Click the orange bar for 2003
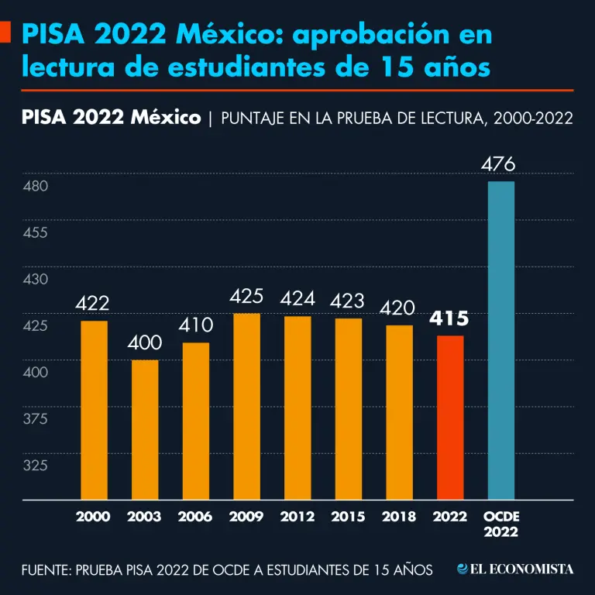click(x=145, y=430)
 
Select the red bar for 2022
click(x=450, y=418)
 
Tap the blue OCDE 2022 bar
click(x=500, y=341)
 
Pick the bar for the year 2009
click(x=246, y=407)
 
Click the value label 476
click(x=498, y=165)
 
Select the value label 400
click(x=145, y=342)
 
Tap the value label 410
click(x=195, y=325)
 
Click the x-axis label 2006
click(x=195, y=517)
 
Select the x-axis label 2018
click(x=399, y=517)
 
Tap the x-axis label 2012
click(x=297, y=517)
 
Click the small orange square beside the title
click(x=6, y=33)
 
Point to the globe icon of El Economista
click(x=463, y=569)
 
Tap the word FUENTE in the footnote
click(x=46, y=570)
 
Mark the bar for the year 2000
click(x=94, y=411)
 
